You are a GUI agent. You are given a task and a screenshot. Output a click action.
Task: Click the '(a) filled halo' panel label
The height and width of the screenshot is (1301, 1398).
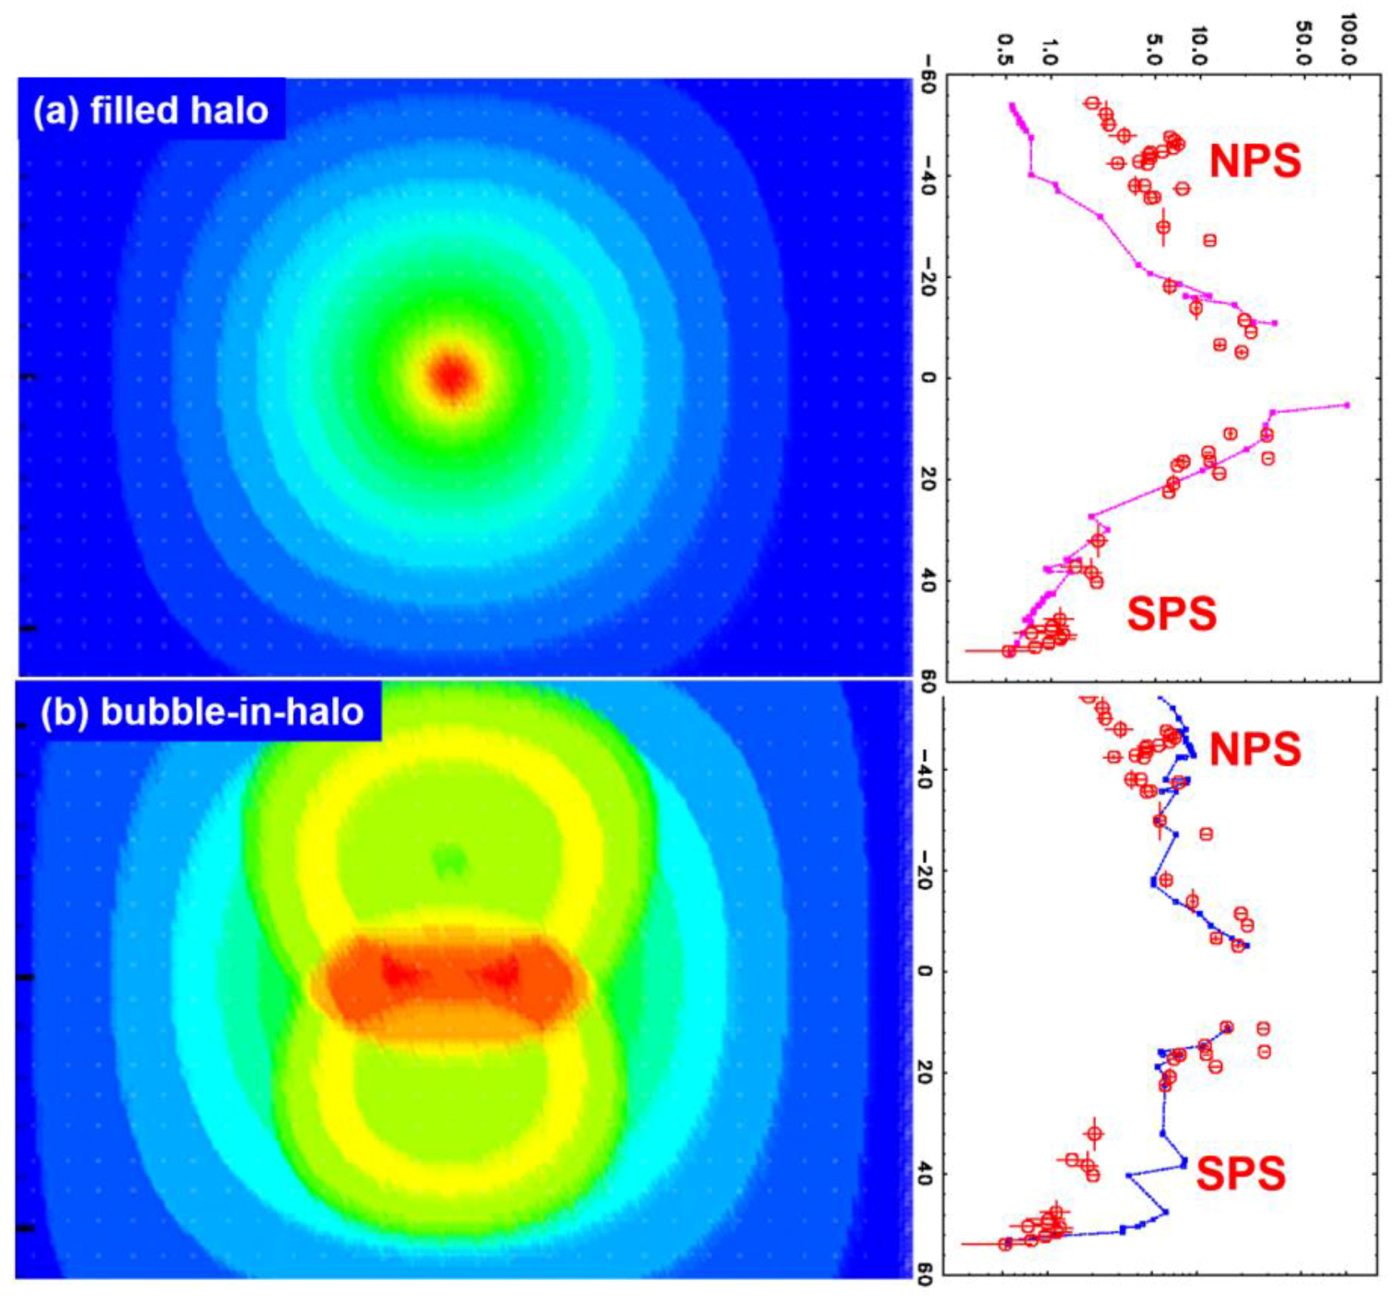[x=151, y=111]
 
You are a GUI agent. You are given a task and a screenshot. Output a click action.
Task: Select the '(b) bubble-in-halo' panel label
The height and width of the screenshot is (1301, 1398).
[x=202, y=712]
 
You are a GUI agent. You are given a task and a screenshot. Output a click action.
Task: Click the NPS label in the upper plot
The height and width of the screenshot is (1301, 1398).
[x=1255, y=160]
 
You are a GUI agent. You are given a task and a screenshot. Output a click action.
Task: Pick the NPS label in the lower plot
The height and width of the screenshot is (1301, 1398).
[x=1255, y=748]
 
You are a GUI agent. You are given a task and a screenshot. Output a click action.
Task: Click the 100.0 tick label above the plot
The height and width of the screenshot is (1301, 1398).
[x=1348, y=40]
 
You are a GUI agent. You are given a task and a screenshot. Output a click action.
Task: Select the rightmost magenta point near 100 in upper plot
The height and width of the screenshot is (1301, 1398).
[x=1346, y=405]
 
